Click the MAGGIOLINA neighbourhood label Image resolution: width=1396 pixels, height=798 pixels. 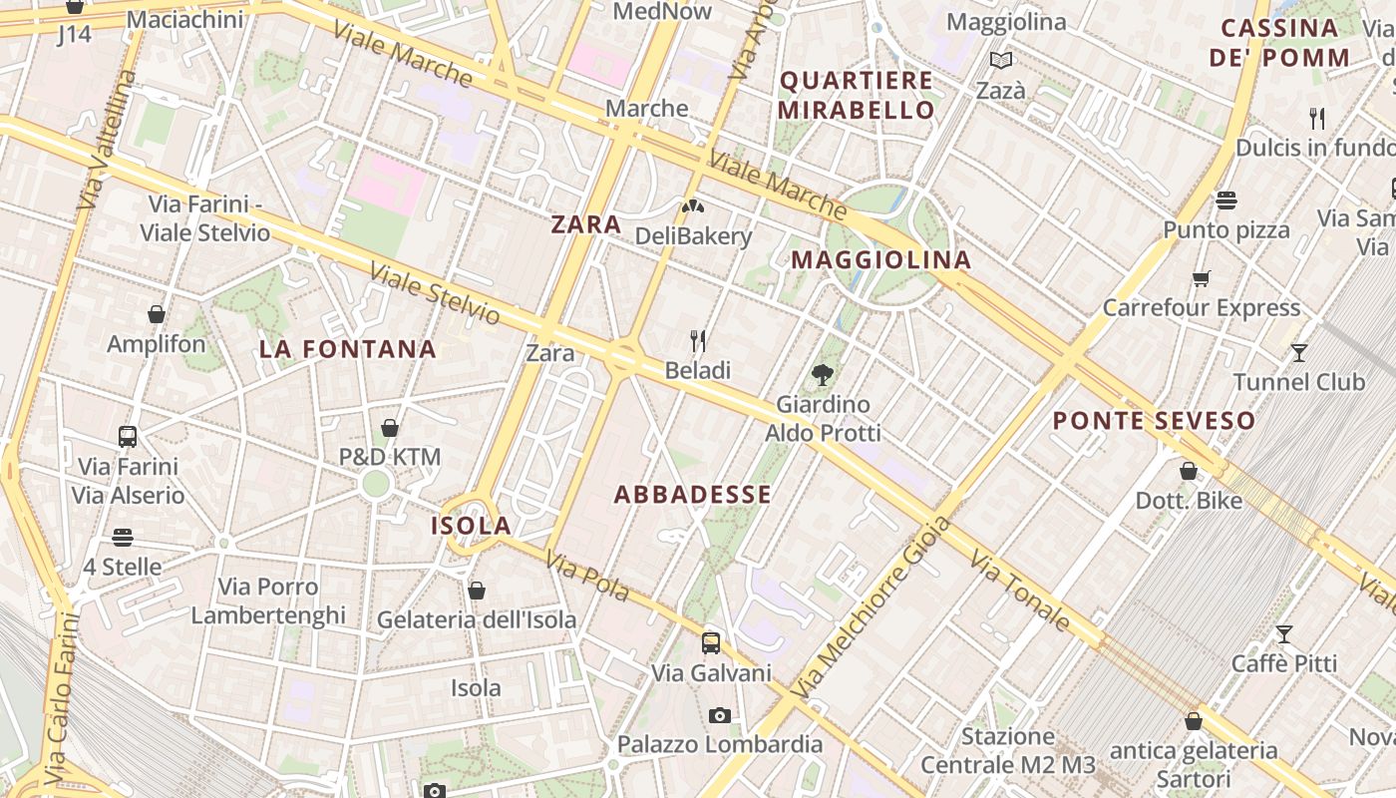880,260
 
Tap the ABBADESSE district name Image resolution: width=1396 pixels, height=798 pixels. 693,495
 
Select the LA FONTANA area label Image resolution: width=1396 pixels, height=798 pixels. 348,349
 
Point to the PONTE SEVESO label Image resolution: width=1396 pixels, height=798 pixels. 1154,421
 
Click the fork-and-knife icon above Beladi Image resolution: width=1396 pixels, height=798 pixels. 698,341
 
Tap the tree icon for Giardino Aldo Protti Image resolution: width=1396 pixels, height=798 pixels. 823,375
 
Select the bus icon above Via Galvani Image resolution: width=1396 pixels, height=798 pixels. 711,643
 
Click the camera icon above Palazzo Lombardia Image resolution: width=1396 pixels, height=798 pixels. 719,715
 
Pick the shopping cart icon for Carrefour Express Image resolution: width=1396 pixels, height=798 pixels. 1202,278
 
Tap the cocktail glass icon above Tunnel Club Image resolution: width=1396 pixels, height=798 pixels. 1298,352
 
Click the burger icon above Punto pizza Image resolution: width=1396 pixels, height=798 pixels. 1226,200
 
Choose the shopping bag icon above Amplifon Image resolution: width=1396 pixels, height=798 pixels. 157,314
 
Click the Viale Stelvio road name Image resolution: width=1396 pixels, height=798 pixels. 435,293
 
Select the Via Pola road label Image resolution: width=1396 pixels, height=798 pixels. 587,578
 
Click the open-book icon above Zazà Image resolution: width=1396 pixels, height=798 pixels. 1000,61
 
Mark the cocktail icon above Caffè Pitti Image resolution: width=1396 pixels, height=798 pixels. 1284,633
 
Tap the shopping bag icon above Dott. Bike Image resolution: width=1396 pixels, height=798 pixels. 1189,471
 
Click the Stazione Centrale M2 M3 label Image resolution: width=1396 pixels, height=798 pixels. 1007,750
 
